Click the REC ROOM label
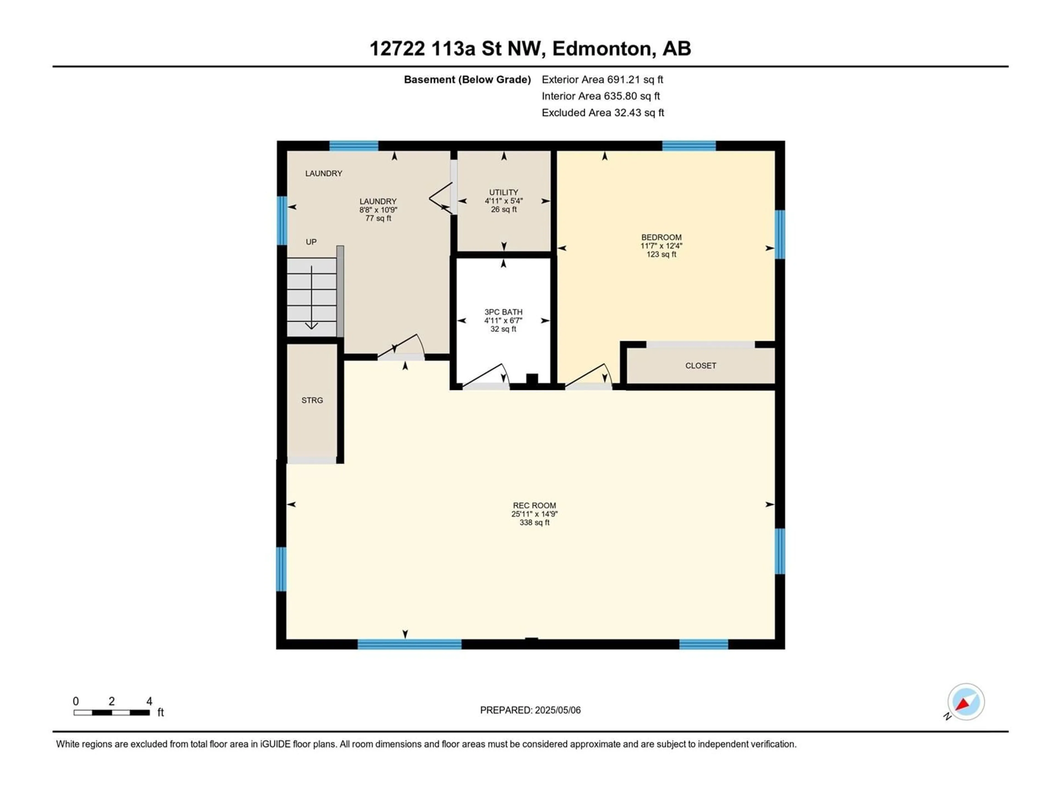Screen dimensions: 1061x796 [x=534, y=505]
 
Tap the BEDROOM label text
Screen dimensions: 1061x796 [x=661, y=237]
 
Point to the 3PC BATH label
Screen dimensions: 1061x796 [x=503, y=312]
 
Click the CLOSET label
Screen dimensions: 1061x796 [x=701, y=366]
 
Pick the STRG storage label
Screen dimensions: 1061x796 [x=312, y=400]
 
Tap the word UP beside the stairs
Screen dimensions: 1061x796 [x=311, y=242]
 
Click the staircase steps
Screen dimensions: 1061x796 [x=312, y=297]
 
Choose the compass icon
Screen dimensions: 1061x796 [x=966, y=702]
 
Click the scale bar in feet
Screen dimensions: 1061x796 [x=112, y=713]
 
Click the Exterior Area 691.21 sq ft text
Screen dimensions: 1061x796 [x=602, y=80]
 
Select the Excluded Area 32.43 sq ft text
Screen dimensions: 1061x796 [x=603, y=113]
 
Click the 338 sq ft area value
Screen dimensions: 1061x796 [x=534, y=522]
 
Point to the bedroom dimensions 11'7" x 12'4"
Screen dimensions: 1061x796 [x=661, y=246]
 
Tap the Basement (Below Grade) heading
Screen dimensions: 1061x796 [x=467, y=80]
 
